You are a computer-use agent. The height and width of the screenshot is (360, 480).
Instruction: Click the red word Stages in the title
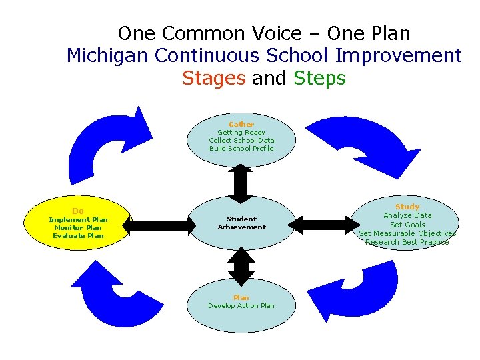point(213,78)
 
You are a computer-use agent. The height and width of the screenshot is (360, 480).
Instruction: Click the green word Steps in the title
point(319,78)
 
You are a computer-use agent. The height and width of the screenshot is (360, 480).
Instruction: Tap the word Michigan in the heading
point(108,55)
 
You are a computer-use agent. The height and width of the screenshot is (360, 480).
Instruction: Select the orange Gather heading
point(241,125)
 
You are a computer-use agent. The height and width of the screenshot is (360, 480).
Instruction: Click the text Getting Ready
point(241,133)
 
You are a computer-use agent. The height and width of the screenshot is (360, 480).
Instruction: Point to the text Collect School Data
point(241,141)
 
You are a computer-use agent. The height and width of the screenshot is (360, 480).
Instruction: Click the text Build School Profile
point(241,149)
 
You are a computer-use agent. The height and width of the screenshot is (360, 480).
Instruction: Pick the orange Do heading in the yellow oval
point(78,211)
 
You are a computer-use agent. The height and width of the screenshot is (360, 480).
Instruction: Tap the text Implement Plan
point(78,219)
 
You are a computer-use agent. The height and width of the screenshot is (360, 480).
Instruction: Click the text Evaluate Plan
point(78,235)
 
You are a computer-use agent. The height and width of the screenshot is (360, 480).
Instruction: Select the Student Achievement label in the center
point(241,223)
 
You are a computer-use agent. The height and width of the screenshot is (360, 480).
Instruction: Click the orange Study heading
point(407,207)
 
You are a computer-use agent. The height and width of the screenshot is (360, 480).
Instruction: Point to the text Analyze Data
point(407,215)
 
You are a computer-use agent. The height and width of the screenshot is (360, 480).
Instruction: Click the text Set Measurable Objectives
point(407,233)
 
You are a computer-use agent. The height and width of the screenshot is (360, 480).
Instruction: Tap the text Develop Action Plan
point(241,306)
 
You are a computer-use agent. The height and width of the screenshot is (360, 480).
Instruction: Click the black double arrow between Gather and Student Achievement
point(241,182)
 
